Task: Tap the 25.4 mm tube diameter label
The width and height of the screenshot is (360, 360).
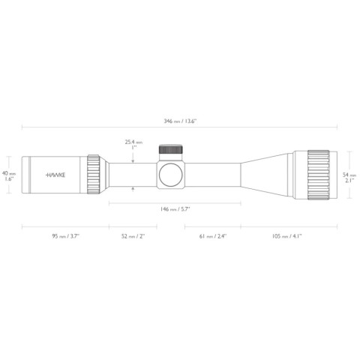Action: click(133, 141)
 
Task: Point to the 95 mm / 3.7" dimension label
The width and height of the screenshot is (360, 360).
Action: click(65, 236)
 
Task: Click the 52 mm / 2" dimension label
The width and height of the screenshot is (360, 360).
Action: click(134, 236)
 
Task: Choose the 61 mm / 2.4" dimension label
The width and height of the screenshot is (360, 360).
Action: click(212, 236)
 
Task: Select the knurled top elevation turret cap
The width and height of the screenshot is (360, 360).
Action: click(169, 151)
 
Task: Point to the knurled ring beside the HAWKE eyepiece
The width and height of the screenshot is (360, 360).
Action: click(94, 174)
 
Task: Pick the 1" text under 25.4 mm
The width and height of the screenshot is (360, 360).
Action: click(133, 148)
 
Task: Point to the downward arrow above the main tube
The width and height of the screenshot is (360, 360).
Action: click(133, 157)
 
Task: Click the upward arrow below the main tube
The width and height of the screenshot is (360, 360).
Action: click(133, 190)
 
